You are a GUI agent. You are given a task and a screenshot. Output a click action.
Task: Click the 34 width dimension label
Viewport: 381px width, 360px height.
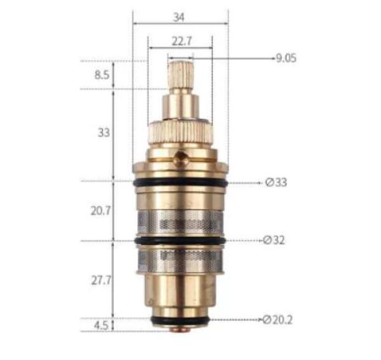click(178, 18)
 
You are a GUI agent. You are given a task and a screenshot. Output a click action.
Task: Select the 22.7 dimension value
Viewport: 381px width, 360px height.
click(182, 41)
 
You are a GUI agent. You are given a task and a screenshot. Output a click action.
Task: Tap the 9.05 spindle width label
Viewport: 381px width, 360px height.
click(286, 58)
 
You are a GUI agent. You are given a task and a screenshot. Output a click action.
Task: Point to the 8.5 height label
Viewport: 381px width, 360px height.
click(102, 75)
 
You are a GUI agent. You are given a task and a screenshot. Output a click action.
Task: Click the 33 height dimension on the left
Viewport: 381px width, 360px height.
click(104, 133)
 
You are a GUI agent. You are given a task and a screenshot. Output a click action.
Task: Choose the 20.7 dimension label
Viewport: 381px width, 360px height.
click(101, 211)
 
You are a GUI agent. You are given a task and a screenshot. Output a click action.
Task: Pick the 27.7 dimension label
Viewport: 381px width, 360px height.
click(101, 281)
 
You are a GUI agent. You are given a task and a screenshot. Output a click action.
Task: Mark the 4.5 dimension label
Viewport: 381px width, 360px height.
click(102, 326)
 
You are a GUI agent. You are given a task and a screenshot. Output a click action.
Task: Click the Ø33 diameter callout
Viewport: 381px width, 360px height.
click(276, 182)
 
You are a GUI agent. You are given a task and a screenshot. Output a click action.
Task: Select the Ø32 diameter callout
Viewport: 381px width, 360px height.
click(274, 240)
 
